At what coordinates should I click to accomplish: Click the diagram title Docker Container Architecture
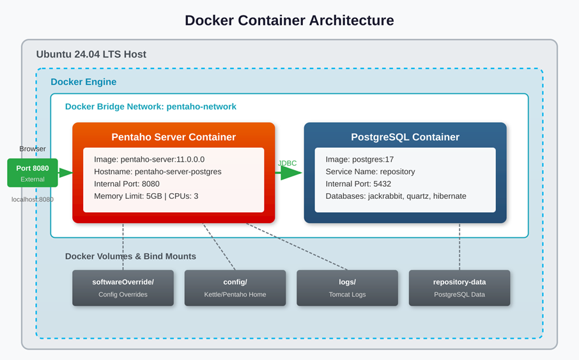pyautogui.click(x=289, y=20)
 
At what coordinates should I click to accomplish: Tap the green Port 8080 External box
pyautogui.click(x=33, y=173)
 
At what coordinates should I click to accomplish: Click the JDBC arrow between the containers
pyautogui.click(x=290, y=173)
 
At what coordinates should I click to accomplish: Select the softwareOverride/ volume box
pyautogui.click(x=123, y=288)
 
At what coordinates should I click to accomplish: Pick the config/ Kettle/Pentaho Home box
pyautogui.click(x=235, y=288)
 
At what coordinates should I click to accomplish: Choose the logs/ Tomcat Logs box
pyautogui.click(x=347, y=288)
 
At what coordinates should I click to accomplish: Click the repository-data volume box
pyautogui.click(x=459, y=288)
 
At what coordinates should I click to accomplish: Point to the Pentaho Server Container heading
pyautogui.click(x=173, y=137)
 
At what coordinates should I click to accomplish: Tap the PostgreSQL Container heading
pyautogui.click(x=405, y=137)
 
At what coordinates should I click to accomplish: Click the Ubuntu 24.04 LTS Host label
pyautogui.click(x=91, y=54)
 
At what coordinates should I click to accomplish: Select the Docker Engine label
pyautogui.click(x=83, y=82)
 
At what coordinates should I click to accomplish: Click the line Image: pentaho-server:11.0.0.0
pyautogui.click(x=149, y=159)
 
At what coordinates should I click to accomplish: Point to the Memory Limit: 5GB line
pyautogui.click(x=146, y=196)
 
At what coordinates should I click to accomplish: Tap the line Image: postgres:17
pyautogui.click(x=359, y=159)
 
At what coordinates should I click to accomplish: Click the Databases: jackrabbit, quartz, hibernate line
pyautogui.click(x=396, y=196)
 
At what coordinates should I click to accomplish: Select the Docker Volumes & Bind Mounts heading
pyautogui.click(x=130, y=256)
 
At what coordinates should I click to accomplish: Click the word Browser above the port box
pyautogui.click(x=33, y=149)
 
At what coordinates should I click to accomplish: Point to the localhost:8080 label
pyautogui.click(x=33, y=200)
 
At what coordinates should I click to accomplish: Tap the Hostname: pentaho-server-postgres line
pyautogui.click(x=157, y=171)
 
